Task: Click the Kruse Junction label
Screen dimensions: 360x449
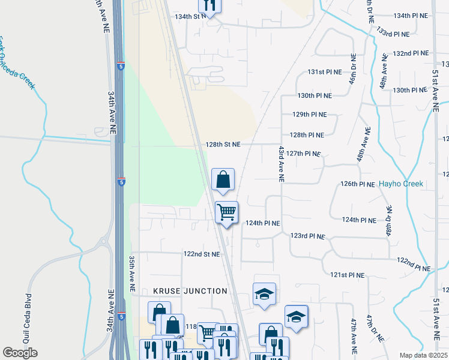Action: pyautogui.click(x=190, y=291)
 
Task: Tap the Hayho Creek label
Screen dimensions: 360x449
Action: pyautogui.click(x=400, y=184)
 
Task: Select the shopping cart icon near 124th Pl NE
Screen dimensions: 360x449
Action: pyautogui.click(x=227, y=212)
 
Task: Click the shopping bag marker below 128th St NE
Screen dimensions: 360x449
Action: pyautogui.click(x=223, y=179)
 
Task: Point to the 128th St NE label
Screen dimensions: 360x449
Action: pyautogui.click(x=222, y=145)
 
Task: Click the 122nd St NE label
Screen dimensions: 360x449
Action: pyautogui.click(x=202, y=254)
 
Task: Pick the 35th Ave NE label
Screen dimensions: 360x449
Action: pyautogui.click(x=131, y=274)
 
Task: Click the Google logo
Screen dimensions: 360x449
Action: pyautogui.click(x=20, y=353)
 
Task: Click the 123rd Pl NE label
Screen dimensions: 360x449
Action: pyautogui.click(x=307, y=236)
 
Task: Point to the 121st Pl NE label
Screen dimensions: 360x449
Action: pyautogui.click(x=348, y=275)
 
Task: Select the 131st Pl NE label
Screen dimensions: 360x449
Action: pyautogui.click(x=325, y=71)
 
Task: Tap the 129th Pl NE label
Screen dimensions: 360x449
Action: pyautogui.click(x=310, y=114)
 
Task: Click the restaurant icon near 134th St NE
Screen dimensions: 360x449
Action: pyautogui.click(x=209, y=5)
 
